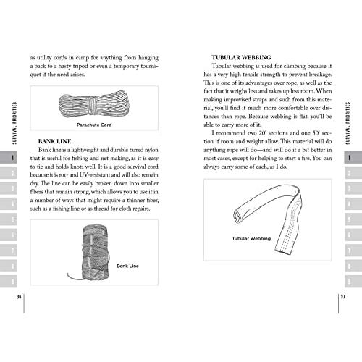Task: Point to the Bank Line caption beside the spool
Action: pyautogui.click(x=127, y=266)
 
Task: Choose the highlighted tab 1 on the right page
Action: pyautogui.click(x=350, y=159)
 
